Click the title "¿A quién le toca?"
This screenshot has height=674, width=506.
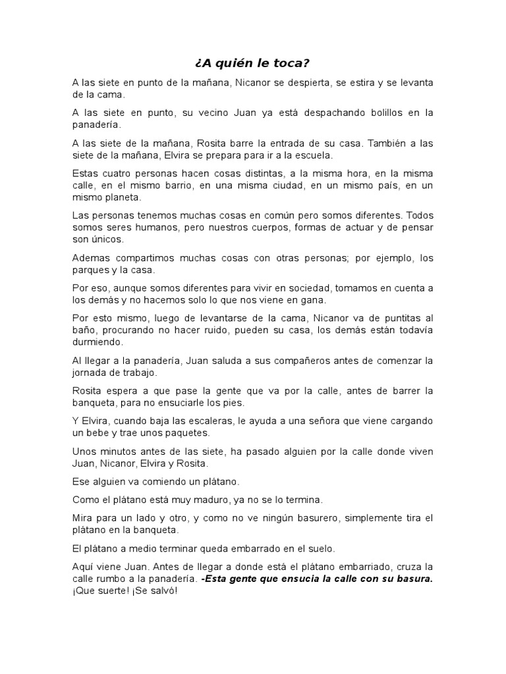(x=252, y=63)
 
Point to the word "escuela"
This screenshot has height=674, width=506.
(x=314, y=155)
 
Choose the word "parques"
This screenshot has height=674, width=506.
(x=90, y=270)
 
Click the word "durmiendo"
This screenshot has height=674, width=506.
(x=97, y=342)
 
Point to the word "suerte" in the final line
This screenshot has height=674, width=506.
(x=109, y=591)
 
